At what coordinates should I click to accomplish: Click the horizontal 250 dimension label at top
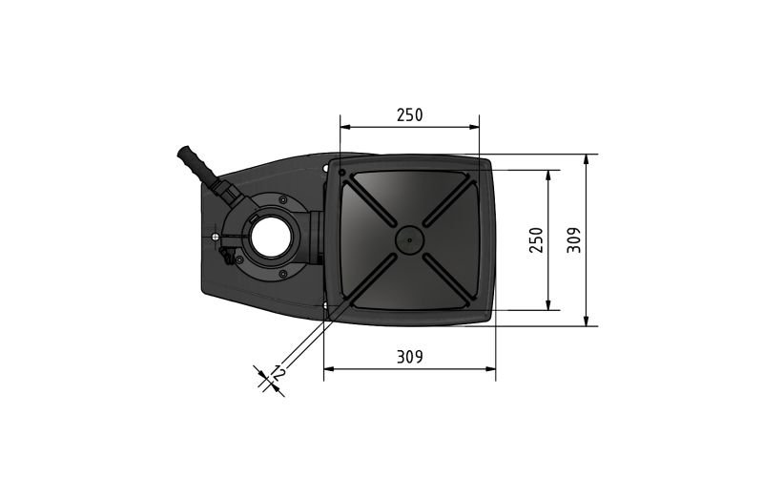[410, 115]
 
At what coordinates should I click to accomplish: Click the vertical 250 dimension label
[536, 240]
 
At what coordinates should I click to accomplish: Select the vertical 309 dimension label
[574, 240]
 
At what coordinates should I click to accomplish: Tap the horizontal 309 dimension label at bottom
[410, 357]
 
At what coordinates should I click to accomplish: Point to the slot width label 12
[278, 373]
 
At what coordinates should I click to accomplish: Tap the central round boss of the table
[410, 240]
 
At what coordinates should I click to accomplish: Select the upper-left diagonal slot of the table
[370, 201]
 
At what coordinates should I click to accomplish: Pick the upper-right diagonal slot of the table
[450, 202]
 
